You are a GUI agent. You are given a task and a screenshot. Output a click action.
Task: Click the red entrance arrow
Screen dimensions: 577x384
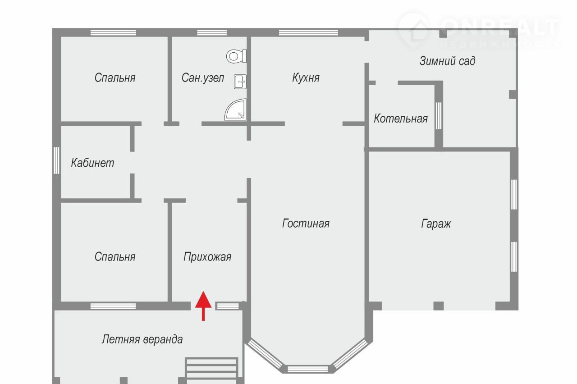coord(203,306)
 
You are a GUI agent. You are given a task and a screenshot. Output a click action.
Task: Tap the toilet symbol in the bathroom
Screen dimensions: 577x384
coord(237,56)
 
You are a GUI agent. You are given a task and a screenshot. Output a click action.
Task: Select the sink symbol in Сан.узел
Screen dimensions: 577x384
coord(240,82)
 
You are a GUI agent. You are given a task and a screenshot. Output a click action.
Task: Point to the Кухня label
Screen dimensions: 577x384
coord(306,78)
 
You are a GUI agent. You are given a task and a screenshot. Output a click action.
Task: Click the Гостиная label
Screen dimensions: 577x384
coord(306,223)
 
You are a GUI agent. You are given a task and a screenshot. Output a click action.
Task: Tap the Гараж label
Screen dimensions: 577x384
coord(436,224)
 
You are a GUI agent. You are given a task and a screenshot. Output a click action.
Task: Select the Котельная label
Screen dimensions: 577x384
coord(401,119)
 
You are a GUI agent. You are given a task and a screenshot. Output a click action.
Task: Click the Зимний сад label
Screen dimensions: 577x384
coord(447,61)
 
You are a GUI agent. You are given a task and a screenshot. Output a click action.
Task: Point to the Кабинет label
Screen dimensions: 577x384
coord(92,163)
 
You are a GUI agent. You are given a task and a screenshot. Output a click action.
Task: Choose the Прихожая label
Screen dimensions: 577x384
coord(207,257)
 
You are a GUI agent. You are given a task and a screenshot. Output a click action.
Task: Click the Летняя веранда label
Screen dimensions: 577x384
coord(142,339)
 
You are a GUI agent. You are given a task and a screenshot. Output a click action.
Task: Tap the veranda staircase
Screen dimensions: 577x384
coord(211,370)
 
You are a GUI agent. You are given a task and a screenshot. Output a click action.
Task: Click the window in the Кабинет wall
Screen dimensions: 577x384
coord(56,160)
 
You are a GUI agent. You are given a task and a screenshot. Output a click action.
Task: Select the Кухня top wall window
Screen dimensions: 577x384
coord(309,32)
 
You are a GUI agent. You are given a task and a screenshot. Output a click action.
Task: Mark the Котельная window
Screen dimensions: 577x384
coord(439,116)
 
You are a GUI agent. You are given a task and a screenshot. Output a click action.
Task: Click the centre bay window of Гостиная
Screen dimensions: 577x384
coord(307,369)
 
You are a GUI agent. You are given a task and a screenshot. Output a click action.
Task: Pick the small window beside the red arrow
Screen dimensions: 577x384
coord(228,306)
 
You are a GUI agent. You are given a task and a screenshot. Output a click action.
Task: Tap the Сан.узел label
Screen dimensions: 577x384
coord(203,78)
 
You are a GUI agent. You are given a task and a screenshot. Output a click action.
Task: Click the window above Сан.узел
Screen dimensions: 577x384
coord(212,32)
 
